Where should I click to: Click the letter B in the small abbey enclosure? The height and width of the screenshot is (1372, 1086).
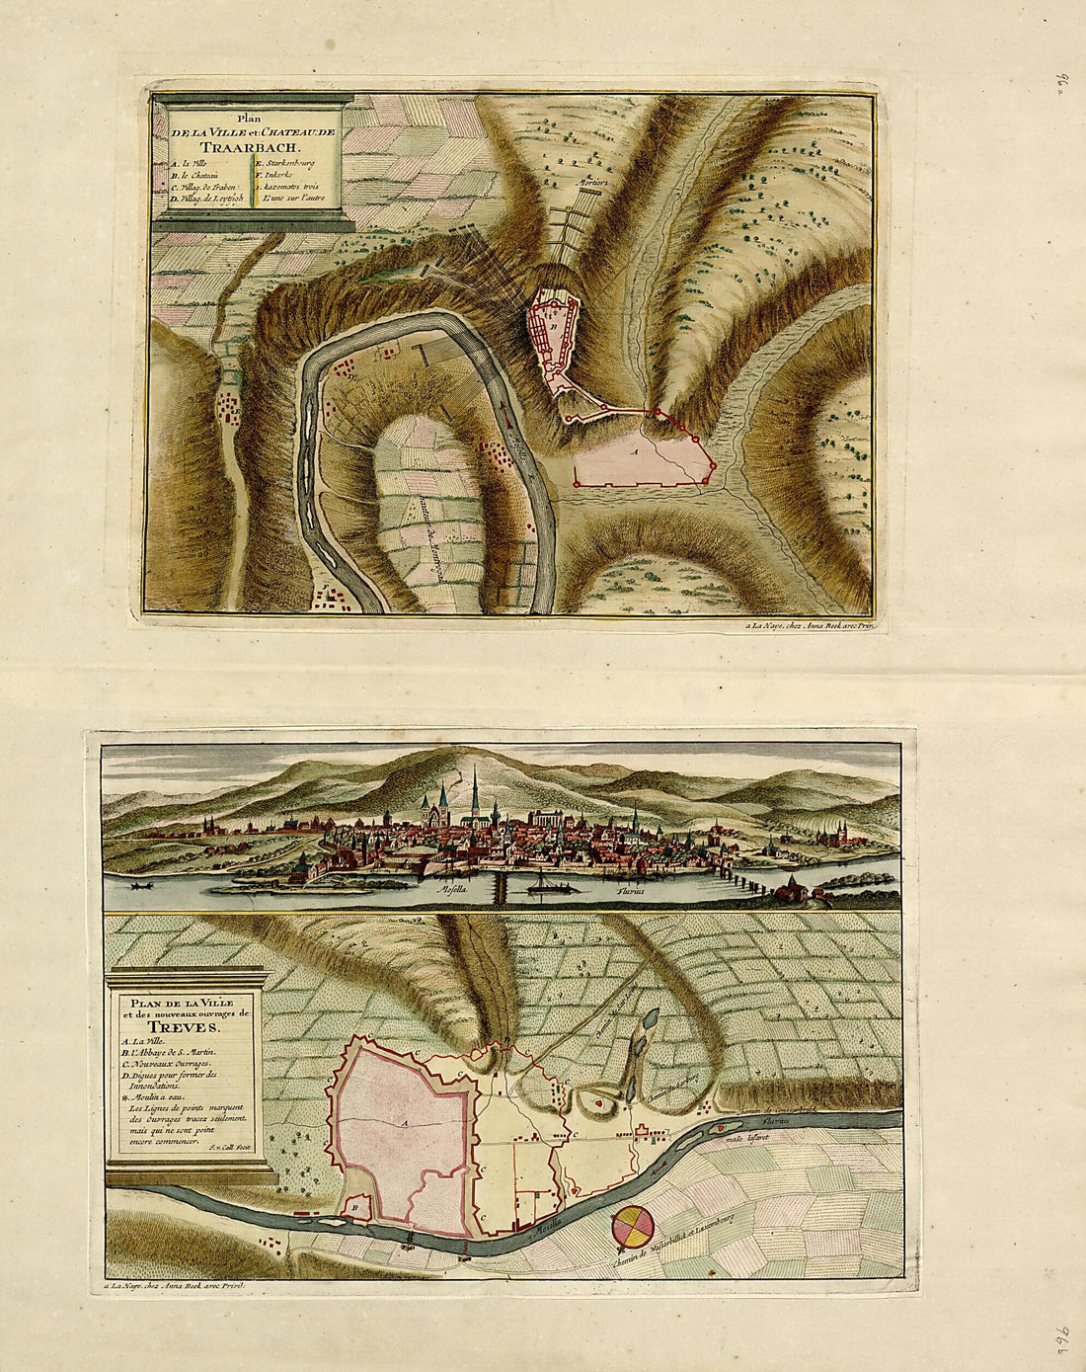(x=353, y=1206)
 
